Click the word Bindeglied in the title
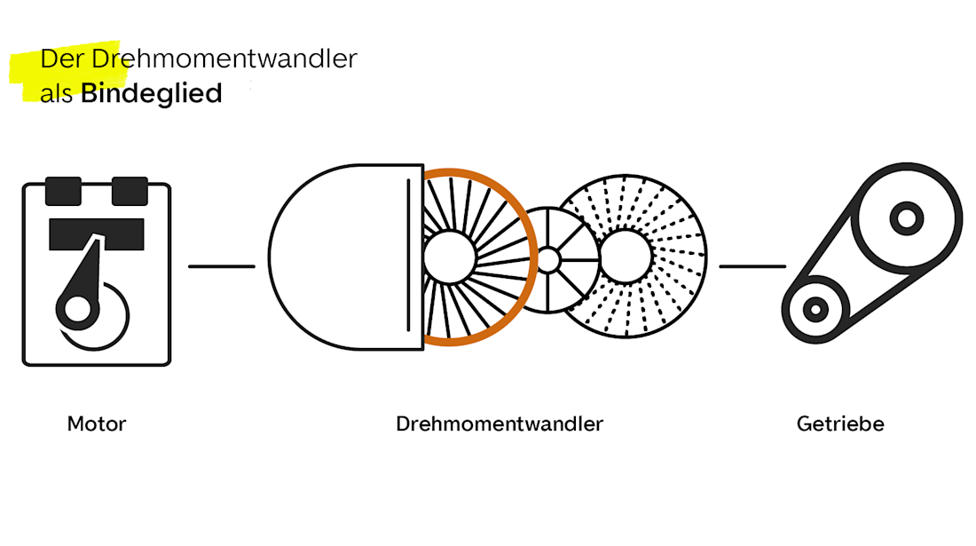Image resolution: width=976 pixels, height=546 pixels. tap(151, 93)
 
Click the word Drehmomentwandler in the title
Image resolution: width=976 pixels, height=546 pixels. tap(224, 59)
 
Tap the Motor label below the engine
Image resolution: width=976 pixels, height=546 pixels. tap(97, 423)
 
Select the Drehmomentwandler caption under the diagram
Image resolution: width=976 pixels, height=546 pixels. tap(500, 423)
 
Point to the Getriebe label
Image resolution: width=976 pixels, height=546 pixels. tap(840, 423)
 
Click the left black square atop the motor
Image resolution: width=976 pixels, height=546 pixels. tap(63, 190)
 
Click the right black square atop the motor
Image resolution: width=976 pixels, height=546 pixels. tap(130, 190)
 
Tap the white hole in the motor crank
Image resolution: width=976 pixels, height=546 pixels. tap(78, 307)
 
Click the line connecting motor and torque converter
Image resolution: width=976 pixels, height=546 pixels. tap(222, 265)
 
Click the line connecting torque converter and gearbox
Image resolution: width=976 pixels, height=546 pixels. tap(752, 265)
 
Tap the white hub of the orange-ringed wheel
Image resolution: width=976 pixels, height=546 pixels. tap(449, 257)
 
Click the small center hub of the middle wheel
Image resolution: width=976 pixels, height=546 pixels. tap(548, 259)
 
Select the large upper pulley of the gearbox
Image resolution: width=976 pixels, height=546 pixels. tap(906, 217)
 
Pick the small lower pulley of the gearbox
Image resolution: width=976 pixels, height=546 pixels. tap(815, 308)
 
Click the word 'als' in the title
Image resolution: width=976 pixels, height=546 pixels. tap(56, 93)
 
